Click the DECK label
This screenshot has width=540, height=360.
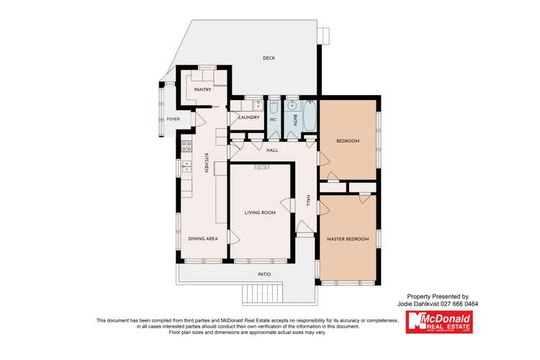click(x=269, y=58)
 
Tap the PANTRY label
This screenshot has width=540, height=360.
click(x=202, y=89)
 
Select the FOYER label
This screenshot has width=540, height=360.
click(x=173, y=119)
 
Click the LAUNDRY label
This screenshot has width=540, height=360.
click(x=249, y=117)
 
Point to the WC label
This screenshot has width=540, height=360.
click(x=273, y=120)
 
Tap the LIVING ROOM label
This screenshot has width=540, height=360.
click(x=261, y=212)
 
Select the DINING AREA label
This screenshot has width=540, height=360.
click(x=203, y=238)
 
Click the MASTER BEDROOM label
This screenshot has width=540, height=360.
click(x=348, y=238)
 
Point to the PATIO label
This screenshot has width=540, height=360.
click(x=264, y=274)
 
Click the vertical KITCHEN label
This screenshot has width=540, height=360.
click(x=206, y=163)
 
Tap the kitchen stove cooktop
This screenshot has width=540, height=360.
click(x=186, y=147)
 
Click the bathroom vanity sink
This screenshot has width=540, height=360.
click(x=292, y=107)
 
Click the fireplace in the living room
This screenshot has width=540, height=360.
click(x=261, y=167)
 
